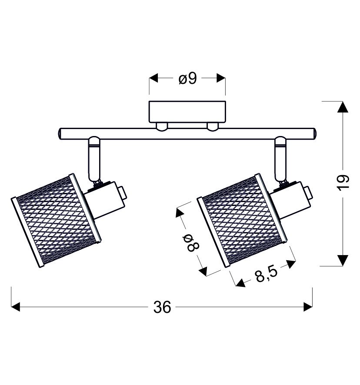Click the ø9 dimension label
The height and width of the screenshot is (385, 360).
pos(187,79)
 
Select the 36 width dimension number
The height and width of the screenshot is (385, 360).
pos(162,307)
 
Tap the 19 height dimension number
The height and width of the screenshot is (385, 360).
pos(343,183)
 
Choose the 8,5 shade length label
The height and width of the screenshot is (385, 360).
pos(267,274)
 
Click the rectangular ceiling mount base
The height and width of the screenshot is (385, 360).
pos(187,112)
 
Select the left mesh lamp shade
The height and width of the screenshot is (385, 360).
pos(56,220)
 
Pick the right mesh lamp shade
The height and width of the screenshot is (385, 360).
pos(242,220)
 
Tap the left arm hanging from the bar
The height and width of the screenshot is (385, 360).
pos(94,159)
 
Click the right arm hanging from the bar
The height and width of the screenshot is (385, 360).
pos(280,159)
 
